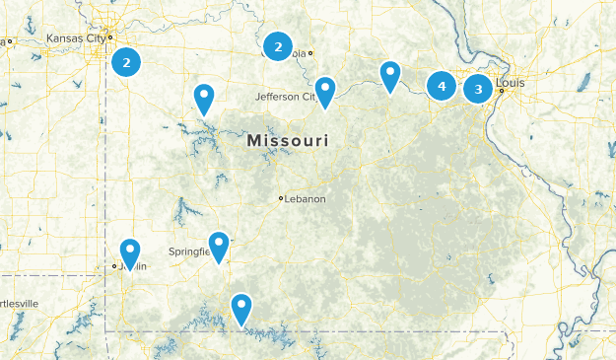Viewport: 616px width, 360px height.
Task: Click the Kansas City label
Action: point(75,38)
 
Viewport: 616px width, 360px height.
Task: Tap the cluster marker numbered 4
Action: point(442,87)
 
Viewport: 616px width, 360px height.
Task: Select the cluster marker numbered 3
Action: point(478,89)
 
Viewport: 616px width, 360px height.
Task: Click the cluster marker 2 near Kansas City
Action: point(126,62)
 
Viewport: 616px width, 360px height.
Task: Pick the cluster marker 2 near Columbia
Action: point(278,45)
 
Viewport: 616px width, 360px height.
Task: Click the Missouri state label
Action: point(288,142)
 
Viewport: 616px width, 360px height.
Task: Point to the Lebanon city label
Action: point(306,198)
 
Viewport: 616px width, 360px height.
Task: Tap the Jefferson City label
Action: point(284,97)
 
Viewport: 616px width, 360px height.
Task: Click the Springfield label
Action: point(190,252)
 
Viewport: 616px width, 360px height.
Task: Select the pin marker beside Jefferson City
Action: point(324,90)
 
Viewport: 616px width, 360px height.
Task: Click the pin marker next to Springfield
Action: point(219,245)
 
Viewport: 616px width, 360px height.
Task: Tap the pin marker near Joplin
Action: point(129,252)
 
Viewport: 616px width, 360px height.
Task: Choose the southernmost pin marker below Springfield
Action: point(240,308)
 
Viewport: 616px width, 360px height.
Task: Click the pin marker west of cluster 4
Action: point(390,74)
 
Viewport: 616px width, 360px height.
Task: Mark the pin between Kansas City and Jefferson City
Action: point(204,98)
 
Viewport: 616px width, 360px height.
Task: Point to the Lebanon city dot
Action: point(281,198)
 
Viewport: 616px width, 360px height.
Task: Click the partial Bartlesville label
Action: point(19,303)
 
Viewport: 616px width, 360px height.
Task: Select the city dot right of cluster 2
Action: point(310,53)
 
